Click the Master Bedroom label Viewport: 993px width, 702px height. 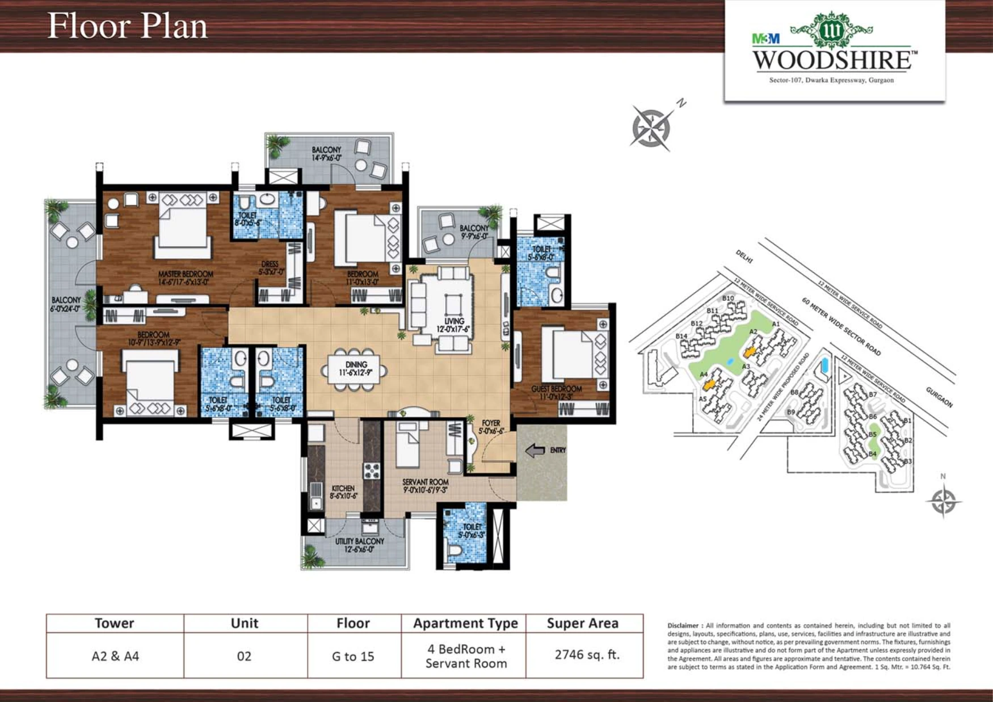click(x=186, y=278)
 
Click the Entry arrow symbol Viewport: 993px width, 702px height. click(x=535, y=451)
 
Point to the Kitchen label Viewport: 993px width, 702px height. click(x=343, y=491)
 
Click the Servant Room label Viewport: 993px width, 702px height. click(x=425, y=485)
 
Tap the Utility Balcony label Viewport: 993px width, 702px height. click(x=359, y=545)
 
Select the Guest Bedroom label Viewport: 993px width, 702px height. click(x=556, y=392)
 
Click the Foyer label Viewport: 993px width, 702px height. click(x=491, y=427)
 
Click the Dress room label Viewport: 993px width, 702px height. click(x=270, y=268)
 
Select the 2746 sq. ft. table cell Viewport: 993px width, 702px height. click(x=586, y=654)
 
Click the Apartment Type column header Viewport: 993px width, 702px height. click(x=465, y=623)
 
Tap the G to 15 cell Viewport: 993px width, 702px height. click(x=353, y=656)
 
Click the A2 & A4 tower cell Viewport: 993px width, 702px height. click(x=115, y=656)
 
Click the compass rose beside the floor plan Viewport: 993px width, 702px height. click(x=651, y=128)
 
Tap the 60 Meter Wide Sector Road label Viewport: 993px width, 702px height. click(x=841, y=326)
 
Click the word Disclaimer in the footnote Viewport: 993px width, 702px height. click(x=684, y=625)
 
